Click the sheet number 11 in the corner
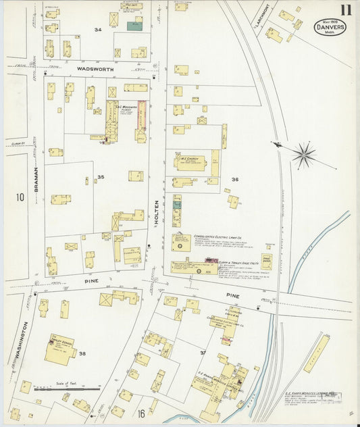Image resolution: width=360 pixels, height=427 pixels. (x=345, y=10)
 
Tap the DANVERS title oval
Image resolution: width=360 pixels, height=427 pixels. (x=330, y=28)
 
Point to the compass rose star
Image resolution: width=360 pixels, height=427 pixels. (x=303, y=155)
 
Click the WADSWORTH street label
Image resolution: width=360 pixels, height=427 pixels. (x=96, y=69)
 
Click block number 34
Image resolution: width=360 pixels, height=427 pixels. (x=99, y=30)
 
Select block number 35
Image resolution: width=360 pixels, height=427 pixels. (x=101, y=178)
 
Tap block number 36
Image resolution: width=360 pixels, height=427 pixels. (x=234, y=179)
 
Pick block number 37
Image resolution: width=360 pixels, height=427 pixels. (x=202, y=352)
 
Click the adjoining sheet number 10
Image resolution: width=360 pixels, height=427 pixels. (x=20, y=197)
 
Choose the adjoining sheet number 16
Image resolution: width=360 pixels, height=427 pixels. (x=141, y=413)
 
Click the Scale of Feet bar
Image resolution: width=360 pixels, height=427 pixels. (x=68, y=389)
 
